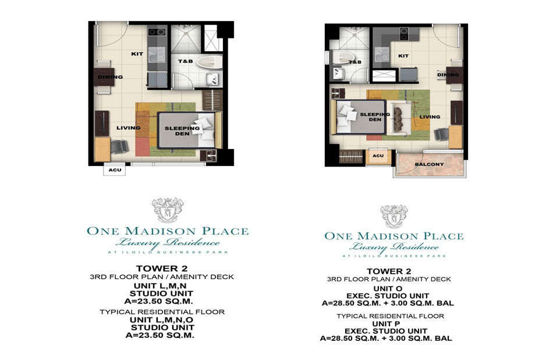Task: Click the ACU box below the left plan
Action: click(x=115, y=170)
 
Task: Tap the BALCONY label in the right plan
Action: click(x=429, y=164)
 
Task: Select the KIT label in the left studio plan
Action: click(x=137, y=54)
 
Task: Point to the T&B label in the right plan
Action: click(x=355, y=62)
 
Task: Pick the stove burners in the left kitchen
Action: click(x=157, y=32)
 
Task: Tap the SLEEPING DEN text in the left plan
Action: click(x=182, y=131)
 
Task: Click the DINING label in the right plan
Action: click(x=448, y=75)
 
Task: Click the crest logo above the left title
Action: click(x=168, y=210)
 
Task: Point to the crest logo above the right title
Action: click(x=394, y=216)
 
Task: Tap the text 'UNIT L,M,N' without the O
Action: click(x=160, y=286)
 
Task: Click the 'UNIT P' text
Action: click(x=387, y=323)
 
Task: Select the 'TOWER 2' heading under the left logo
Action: click(x=162, y=268)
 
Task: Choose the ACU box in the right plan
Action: click(x=378, y=156)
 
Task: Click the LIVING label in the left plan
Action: click(x=128, y=128)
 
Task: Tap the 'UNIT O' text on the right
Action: click(x=388, y=288)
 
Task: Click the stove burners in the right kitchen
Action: click(x=404, y=34)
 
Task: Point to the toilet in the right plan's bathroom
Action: click(x=342, y=57)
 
